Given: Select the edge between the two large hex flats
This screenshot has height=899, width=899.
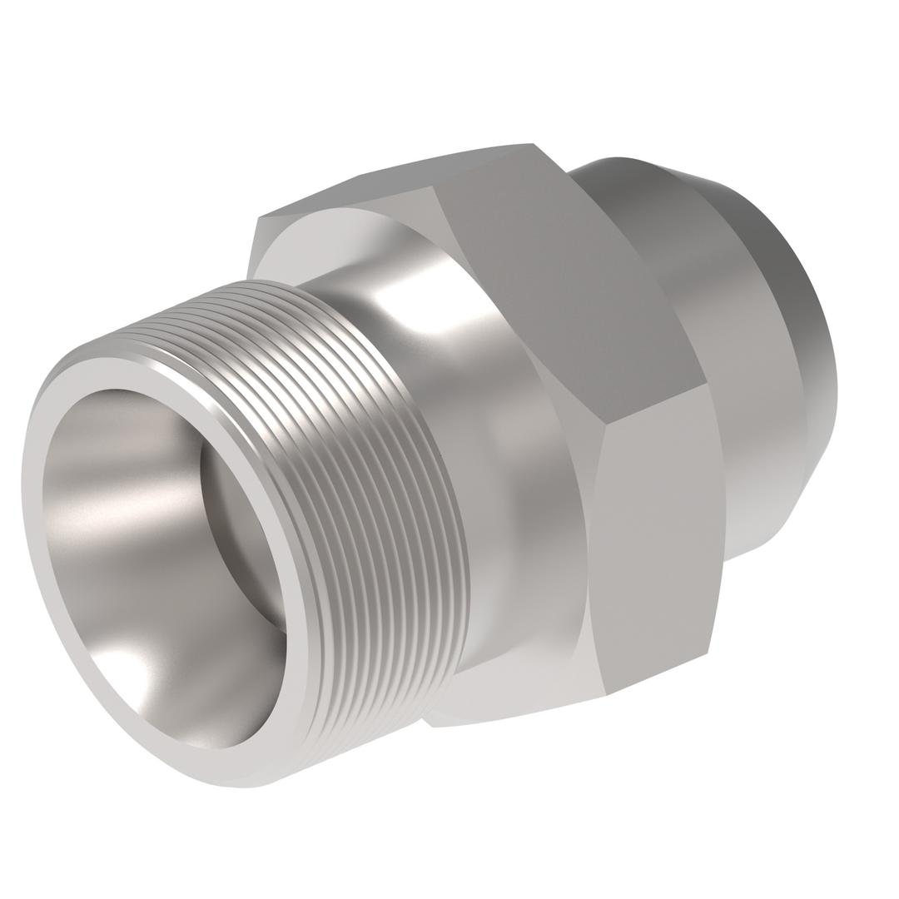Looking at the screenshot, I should [658, 404].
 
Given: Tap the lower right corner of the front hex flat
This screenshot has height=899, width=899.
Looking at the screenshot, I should [707, 653].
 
